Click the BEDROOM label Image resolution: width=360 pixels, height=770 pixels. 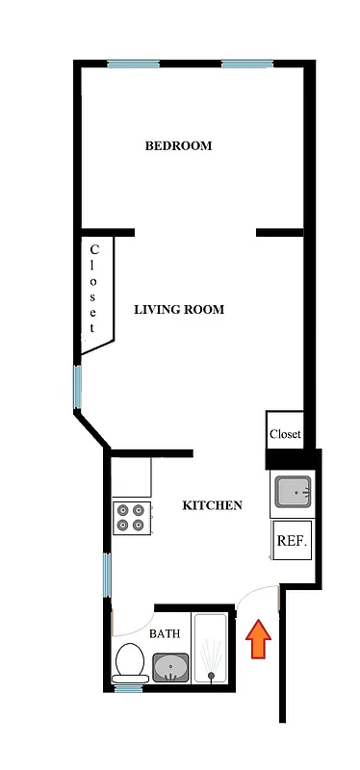[178, 146]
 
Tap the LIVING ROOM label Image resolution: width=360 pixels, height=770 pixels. [178, 310]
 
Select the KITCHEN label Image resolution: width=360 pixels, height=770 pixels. [212, 505]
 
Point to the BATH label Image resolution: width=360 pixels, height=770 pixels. [165, 634]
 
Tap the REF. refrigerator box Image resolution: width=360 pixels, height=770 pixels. [292, 541]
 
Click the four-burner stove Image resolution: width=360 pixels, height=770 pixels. [132, 517]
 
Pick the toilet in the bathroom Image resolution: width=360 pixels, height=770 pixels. [130, 662]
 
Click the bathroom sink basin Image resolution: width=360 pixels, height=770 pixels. [172, 667]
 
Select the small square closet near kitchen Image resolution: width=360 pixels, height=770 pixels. [285, 433]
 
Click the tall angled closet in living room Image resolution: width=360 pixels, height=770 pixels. [95, 291]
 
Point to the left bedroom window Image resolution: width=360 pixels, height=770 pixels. [133, 64]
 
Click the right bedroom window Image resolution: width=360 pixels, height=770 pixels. [248, 64]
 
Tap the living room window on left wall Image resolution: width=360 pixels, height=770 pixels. [78, 386]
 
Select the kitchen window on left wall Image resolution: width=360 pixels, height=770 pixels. [109, 577]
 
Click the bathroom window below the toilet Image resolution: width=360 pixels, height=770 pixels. [130, 687]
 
